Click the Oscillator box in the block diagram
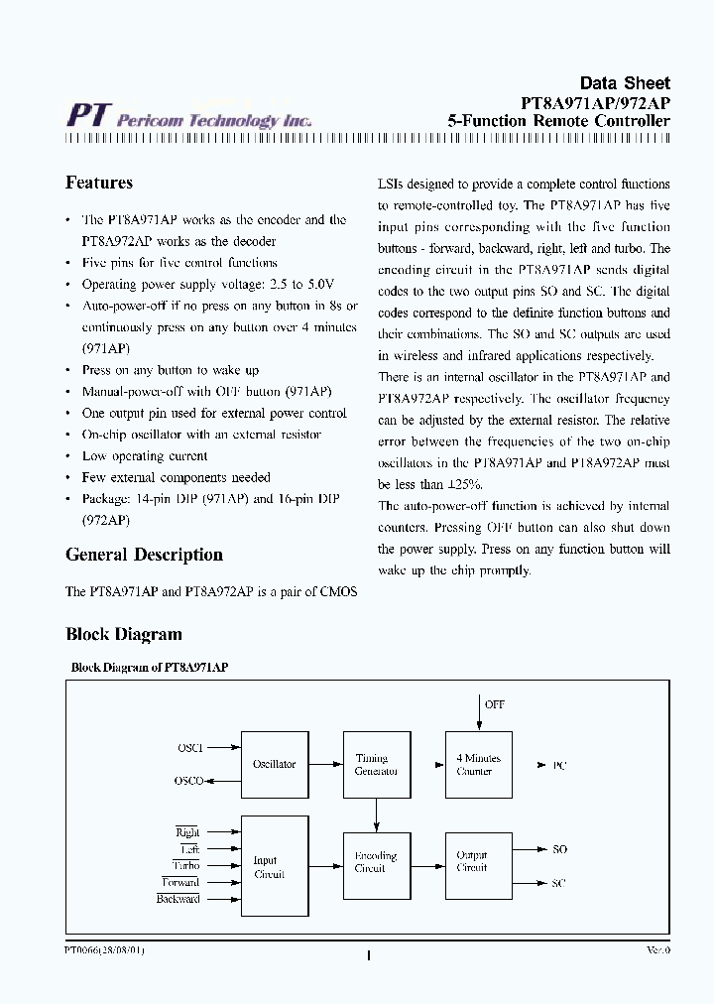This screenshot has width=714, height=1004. pyautogui.click(x=274, y=765)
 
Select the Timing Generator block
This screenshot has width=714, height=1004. pyautogui.click(x=376, y=765)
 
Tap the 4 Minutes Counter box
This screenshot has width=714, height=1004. pyautogui.click(x=478, y=765)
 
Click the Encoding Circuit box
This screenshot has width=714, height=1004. pyautogui.click(x=376, y=861)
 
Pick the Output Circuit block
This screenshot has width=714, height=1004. pyautogui.click(x=478, y=861)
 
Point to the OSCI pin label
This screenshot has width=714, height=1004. pyautogui.click(x=189, y=747)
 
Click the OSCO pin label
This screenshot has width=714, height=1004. pyautogui.click(x=189, y=781)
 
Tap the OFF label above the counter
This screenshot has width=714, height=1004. pyautogui.click(x=494, y=704)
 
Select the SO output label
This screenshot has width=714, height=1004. pyautogui.click(x=559, y=849)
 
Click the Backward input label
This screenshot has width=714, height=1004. pyautogui.click(x=178, y=899)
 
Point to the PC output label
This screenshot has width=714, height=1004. pyautogui.click(x=559, y=766)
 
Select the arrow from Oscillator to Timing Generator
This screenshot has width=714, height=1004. pyautogui.click(x=325, y=765)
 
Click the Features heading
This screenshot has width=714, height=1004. pyautogui.click(x=99, y=183)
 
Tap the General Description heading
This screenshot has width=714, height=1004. pyautogui.click(x=144, y=555)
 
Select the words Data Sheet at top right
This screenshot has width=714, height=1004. pyautogui.click(x=624, y=83)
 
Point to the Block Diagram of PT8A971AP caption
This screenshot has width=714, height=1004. pyautogui.click(x=150, y=668)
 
